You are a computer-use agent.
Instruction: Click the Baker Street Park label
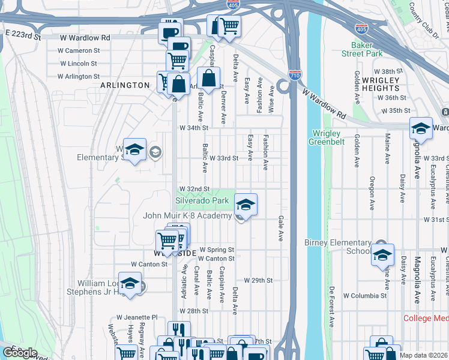(x=363, y=49)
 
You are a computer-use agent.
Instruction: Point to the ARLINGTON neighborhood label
(x=125, y=85)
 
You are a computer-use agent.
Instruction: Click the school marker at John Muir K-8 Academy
(x=246, y=205)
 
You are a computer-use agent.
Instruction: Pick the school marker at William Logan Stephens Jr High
(x=130, y=284)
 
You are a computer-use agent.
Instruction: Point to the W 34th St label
(x=193, y=128)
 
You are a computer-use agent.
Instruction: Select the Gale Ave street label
(x=280, y=229)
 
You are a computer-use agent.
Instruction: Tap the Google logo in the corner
(x=20, y=352)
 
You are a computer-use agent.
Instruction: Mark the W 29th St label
(x=258, y=280)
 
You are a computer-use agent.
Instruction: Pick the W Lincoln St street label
(x=78, y=63)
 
